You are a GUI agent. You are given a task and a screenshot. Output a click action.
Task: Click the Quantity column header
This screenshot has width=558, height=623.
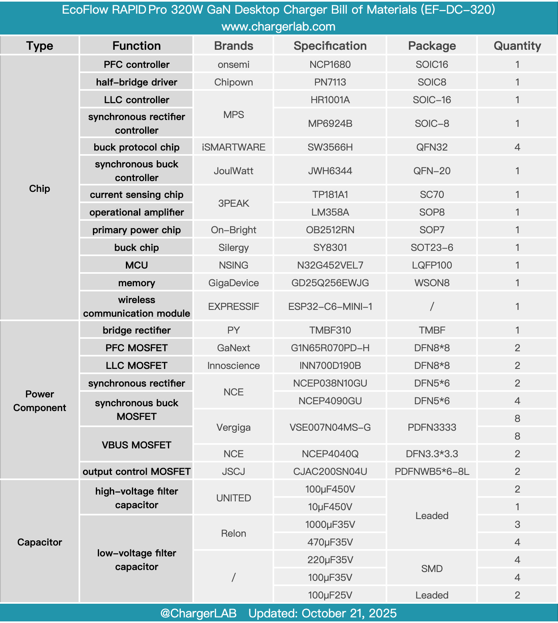pyautogui.click(x=517, y=46)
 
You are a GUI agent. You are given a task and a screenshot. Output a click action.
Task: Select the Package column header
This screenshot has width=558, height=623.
pyautogui.click(x=432, y=46)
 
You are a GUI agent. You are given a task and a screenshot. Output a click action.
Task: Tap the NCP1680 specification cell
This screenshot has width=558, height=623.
pyautogui.click(x=330, y=65)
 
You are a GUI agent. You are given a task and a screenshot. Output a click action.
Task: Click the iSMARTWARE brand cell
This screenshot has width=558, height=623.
pyautogui.click(x=233, y=147)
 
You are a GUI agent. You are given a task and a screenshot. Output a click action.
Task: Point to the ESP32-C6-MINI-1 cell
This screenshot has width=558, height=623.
pyautogui.click(x=330, y=307)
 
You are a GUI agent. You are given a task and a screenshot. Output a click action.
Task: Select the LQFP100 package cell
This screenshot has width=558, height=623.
pyautogui.click(x=432, y=265)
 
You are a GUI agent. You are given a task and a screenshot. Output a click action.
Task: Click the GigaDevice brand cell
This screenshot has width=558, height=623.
pyautogui.click(x=233, y=283)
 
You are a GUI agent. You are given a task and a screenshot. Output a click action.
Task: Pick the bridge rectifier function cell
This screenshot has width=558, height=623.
pyautogui.click(x=136, y=330)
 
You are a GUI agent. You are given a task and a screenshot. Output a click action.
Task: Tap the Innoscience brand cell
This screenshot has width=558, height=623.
pyautogui.click(x=233, y=366)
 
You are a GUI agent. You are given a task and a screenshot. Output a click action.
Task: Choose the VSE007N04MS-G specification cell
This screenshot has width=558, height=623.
pyautogui.click(x=330, y=428)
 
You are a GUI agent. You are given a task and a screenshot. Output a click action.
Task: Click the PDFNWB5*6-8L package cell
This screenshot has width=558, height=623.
pyautogui.click(x=432, y=472)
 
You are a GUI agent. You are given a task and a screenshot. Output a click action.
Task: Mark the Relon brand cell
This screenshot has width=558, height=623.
pyautogui.click(x=233, y=533)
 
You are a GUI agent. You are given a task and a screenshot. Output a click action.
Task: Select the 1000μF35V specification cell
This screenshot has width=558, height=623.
pyautogui.click(x=330, y=525)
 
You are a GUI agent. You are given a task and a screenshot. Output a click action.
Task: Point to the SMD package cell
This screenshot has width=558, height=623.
pyautogui.click(x=432, y=569)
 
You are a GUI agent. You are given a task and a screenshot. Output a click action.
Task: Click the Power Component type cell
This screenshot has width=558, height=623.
pyautogui.click(x=39, y=401)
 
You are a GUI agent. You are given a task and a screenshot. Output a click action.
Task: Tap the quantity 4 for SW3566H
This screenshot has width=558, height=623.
pyautogui.click(x=517, y=147)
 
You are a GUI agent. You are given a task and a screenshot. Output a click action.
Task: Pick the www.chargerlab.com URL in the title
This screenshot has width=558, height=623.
pyautogui.click(x=279, y=27)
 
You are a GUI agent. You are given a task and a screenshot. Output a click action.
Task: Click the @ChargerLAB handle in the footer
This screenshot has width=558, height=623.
pyautogui.click(x=198, y=613)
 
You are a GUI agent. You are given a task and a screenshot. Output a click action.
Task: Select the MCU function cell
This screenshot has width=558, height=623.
pyautogui.click(x=136, y=265)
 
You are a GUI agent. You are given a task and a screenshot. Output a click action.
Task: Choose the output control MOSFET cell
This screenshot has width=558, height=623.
pyautogui.click(x=136, y=472)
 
